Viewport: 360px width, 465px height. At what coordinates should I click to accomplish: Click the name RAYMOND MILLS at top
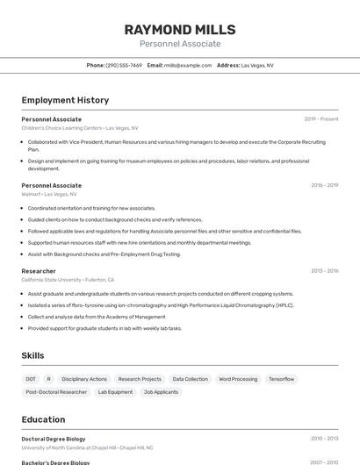point(180,29)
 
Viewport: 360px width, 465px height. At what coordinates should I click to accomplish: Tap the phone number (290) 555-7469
point(124,65)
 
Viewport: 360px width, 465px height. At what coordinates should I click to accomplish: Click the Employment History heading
point(65,100)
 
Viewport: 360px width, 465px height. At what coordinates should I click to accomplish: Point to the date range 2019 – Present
point(321,118)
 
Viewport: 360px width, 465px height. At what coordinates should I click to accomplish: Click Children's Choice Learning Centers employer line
point(80,127)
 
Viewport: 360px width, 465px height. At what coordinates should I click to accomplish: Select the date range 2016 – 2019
point(324,185)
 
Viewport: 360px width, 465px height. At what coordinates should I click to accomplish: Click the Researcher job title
point(39,271)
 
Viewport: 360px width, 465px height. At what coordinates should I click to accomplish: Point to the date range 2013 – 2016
point(324,271)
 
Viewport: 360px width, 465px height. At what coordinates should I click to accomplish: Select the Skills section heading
point(33,355)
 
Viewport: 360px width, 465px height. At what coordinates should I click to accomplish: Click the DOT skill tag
point(31,379)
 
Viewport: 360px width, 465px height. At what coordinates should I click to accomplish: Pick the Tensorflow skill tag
point(282,379)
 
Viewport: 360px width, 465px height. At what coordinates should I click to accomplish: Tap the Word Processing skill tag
point(238,379)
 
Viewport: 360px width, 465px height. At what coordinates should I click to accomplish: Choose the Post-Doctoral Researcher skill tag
point(56,392)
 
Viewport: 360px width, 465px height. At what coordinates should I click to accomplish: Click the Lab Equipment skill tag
point(115,392)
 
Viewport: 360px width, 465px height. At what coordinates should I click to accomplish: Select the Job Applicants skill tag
point(161,392)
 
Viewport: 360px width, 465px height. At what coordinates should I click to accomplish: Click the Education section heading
point(44,419)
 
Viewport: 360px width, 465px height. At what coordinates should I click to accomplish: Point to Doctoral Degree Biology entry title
point(54,438)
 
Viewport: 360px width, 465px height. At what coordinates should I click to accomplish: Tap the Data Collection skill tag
point(190,379)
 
